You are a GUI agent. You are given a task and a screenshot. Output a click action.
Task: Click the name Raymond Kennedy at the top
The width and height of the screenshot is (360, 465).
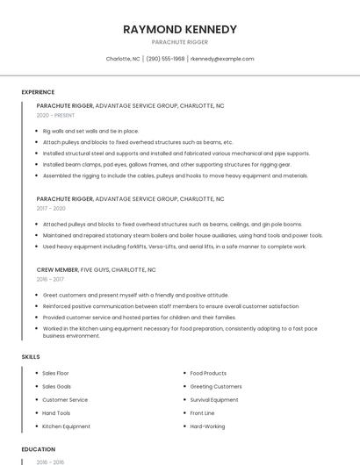click(179, 30)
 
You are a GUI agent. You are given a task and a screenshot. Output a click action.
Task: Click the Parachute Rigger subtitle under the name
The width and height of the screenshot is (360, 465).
click(179, 42)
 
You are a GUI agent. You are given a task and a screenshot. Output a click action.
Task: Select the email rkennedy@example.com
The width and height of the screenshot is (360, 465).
click(222, 59)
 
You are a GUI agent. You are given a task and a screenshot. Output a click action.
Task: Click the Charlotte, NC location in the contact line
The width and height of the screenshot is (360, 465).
click(123, 59)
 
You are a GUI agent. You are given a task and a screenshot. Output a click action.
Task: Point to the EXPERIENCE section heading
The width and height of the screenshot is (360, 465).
click(38, 92)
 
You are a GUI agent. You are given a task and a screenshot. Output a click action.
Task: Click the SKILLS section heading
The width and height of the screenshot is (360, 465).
click(31, 357)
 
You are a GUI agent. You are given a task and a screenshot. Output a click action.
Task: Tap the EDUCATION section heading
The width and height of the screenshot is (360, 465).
click(38, 449)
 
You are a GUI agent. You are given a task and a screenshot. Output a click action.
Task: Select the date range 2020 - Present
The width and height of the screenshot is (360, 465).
click(55, 115)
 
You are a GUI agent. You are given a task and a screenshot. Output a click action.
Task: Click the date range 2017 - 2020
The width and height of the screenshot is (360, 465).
click(51, 208)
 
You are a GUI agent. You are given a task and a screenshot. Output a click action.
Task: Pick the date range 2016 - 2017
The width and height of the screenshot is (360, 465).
click(50, 279)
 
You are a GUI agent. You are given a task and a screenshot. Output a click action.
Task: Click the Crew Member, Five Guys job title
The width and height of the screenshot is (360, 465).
click(96, 270)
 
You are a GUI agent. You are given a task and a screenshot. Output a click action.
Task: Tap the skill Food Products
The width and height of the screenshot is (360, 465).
click(208, 374)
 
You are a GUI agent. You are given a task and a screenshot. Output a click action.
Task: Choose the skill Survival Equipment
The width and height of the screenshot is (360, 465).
click(214, 400)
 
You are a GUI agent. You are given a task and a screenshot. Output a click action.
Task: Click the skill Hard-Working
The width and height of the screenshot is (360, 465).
click(207, 426)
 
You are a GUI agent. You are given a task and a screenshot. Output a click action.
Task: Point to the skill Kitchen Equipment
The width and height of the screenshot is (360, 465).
click(66, 426)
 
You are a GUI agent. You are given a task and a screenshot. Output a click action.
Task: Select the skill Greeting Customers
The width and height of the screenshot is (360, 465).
click(216, 387)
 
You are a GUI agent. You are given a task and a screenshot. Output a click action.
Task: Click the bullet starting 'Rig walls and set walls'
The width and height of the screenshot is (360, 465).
click(90, 131)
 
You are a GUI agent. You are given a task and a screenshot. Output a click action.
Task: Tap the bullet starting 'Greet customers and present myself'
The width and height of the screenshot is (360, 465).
click(135, 295)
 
